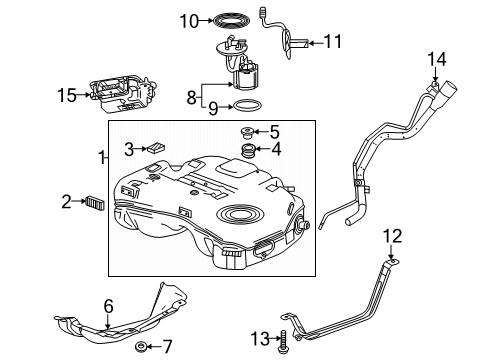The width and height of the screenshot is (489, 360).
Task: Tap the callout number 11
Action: click(x=332, y=41)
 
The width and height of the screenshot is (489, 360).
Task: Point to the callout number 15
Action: click(x=65, y=96)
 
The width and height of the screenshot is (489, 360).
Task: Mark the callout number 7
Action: click(x=166, y=347)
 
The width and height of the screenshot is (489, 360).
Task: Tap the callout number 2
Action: click(x=66, y=202)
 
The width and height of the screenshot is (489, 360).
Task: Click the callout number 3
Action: click(x=128, y=150)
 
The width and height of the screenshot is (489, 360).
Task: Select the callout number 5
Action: click(x=275, y=131)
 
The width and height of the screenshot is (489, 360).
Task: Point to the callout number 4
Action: click(x=275, y=150)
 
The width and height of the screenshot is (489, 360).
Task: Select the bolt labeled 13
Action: click(x=288, y=340)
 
